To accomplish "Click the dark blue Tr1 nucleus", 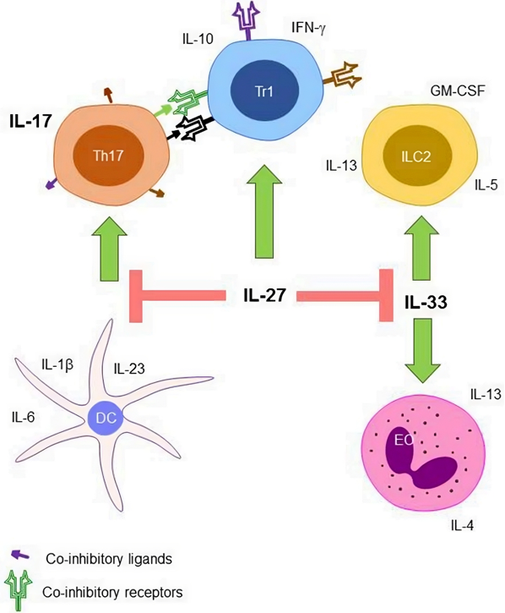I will click(x=267, y=90).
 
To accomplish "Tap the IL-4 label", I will click(x=462, y=526).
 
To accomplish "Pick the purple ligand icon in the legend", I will click(x=19, y=555).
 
